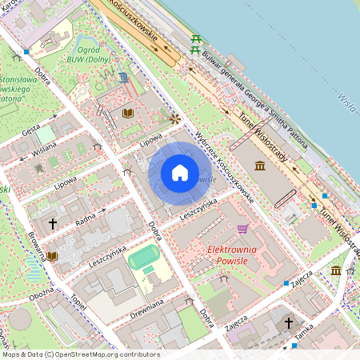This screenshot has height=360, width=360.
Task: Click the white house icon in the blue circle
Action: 180,172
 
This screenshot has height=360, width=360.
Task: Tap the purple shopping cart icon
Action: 242,229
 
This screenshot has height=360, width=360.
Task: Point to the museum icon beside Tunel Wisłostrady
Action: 260,166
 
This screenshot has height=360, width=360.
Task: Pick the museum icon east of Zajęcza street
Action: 336,270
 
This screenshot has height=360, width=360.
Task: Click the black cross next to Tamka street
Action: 289,323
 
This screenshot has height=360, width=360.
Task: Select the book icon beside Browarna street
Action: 53,256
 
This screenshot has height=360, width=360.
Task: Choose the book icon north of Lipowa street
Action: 128,113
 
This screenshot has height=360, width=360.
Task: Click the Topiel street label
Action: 78,302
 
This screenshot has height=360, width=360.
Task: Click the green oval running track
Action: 144,258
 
